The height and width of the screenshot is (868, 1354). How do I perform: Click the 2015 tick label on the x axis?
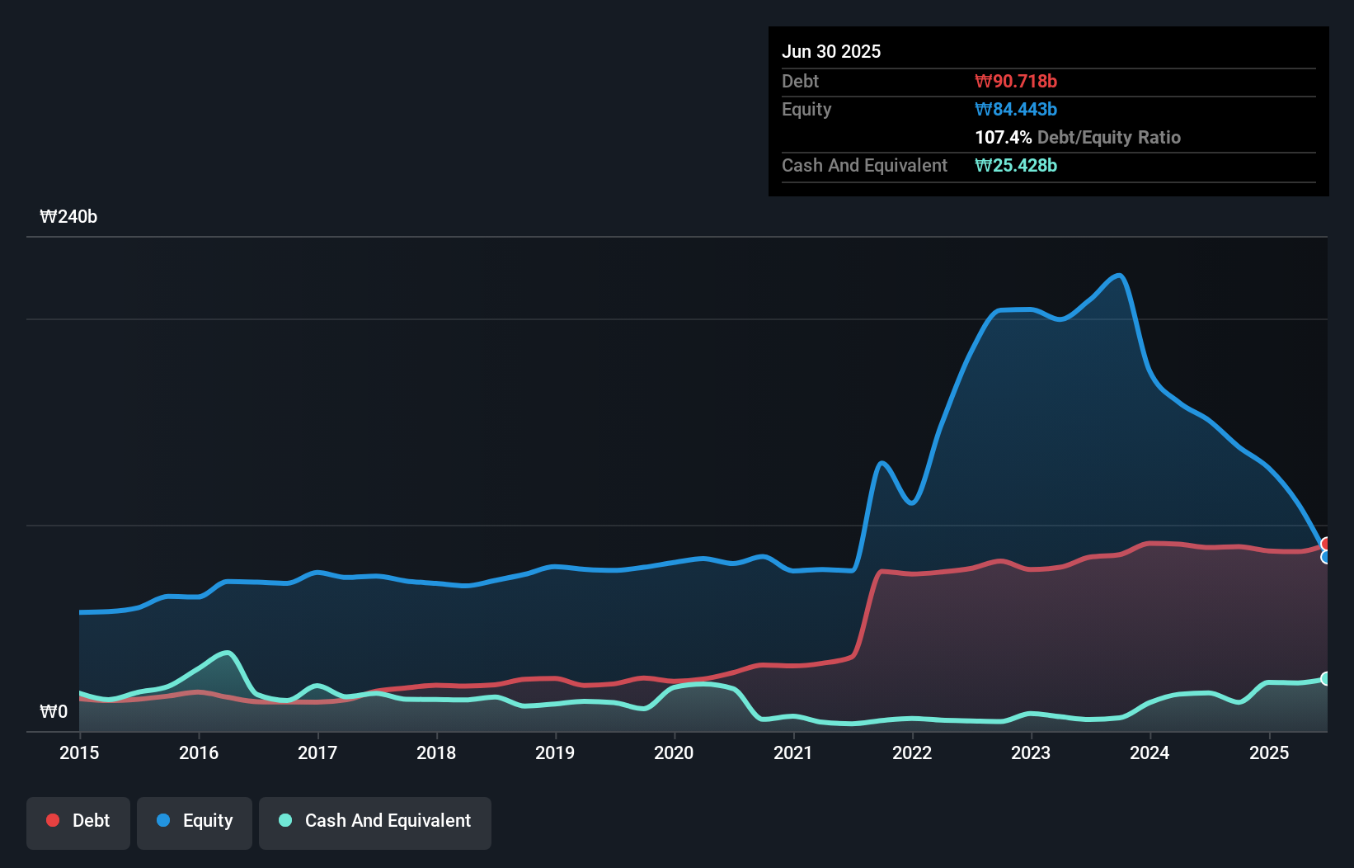tap(79, 752)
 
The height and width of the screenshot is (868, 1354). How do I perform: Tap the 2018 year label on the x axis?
tap(436, 752)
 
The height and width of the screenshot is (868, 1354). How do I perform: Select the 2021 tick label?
tap(793, 752)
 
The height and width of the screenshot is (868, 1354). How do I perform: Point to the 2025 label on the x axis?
tap(1269, 752)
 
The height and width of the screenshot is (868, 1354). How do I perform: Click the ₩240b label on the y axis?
tap(68, 216)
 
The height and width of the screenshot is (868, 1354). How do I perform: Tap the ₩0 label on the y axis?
tap(54, 711)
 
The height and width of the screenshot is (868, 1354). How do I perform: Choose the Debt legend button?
tap(78, 821)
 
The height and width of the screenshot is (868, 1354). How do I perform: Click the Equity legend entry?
tap(195, 821)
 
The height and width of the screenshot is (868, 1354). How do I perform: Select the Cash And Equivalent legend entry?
tap(375, 821)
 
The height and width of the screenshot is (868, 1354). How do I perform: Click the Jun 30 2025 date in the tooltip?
tap(831, 51)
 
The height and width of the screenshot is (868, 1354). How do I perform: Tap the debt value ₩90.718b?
tap(1016, 81)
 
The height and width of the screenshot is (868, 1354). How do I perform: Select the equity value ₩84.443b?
tap(1016, 109)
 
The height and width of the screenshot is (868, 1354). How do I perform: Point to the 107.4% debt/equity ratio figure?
tap(1003, 137)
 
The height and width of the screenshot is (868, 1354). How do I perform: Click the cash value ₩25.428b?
tap(1016, 165)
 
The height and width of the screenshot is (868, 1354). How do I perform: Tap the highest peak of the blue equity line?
tap(1118, 276)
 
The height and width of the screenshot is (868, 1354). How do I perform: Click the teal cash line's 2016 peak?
tap(227, 653)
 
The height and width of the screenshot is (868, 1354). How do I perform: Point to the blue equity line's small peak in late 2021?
tap(882, 463)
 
